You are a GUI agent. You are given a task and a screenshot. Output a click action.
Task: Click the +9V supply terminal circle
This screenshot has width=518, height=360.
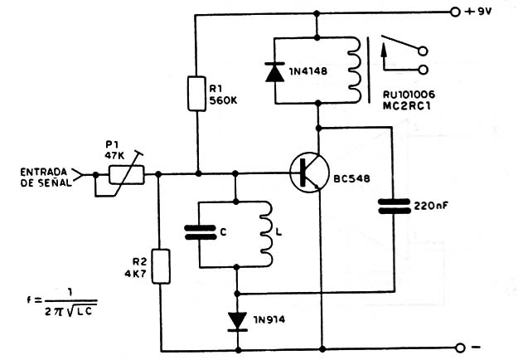(455, 12)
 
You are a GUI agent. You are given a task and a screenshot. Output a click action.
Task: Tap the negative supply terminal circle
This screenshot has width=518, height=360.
(459, 348)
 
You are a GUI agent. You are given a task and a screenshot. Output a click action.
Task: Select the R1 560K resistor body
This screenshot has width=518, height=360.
(196, 93)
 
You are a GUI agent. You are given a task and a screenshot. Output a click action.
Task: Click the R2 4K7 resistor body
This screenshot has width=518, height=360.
(161, 266)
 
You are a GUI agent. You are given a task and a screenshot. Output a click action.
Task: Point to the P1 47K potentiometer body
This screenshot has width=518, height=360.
(127, 174)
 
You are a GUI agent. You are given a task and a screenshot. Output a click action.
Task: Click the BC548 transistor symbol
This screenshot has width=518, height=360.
(309, 173)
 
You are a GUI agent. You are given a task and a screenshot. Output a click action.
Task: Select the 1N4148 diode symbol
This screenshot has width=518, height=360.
(274, 71)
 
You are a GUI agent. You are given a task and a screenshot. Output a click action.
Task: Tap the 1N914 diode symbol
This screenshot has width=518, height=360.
(238, 322)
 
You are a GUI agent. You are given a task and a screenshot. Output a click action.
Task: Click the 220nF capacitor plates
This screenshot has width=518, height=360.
(394, 206)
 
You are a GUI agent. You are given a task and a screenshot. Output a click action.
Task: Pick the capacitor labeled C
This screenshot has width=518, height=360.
(201, 232)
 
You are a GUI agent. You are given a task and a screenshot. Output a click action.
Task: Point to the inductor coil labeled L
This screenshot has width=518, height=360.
(266, 233)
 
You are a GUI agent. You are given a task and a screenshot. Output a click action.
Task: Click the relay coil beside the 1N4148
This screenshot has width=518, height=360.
(354, 70)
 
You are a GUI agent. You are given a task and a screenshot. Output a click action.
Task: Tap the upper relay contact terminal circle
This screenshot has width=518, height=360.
(423, 51)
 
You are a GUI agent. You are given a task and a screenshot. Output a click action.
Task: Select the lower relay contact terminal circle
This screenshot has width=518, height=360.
(423, 70)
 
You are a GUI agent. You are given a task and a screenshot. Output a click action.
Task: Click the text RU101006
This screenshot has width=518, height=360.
(409, 95)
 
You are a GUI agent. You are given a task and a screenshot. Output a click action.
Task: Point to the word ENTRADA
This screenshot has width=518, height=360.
(44, 172)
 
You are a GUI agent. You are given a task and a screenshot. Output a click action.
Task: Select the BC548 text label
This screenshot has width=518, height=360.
(351, 179)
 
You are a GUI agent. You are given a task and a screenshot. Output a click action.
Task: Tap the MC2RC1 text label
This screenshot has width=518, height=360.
(407, 106)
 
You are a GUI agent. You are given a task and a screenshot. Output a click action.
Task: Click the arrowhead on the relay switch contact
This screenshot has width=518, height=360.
(384, 50)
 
